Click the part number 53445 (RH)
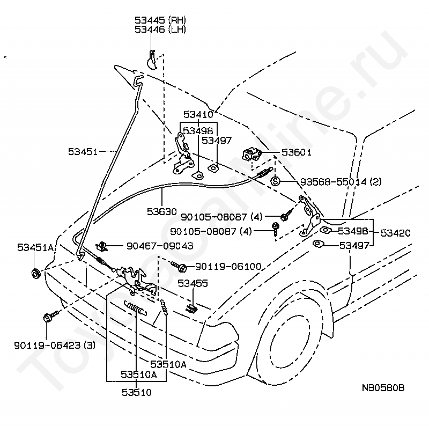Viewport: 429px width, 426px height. pos(160,20)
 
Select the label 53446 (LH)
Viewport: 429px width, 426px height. pos(160,30)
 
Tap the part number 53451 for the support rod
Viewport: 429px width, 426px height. pos(83,152)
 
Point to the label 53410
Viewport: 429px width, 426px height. pos(198,114)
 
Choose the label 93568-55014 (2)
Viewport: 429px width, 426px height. pos(332,182)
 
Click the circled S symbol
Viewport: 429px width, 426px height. pos(275,181)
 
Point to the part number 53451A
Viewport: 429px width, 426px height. pos(35,247)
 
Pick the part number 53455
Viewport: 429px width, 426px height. pos(193,283)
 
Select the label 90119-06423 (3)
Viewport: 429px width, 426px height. pos(54,346)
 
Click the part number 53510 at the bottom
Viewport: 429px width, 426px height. pos(136,392)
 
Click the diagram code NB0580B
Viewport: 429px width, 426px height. pos(383,388)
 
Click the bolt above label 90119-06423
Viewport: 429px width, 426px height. pos(48,317)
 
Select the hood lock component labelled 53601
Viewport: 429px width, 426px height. pos(252,154)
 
